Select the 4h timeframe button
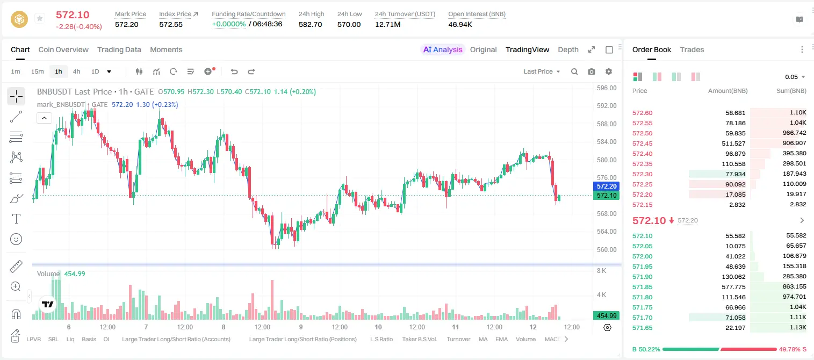[76, 71]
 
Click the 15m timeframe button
[38, 71]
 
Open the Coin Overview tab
[63, 49]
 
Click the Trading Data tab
[119, 49]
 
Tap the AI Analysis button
[443, 49]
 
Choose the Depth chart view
[568, 49]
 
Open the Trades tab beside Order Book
[692, 49]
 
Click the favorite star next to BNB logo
[40, 18]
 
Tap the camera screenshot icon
[592, 71]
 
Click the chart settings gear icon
[609, 71]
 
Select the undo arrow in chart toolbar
[234, 71]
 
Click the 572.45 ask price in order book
[642, 143]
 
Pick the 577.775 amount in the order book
[733, 287]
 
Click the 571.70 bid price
[642, 318]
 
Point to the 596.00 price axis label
[607, 88]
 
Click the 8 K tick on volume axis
[601, 271]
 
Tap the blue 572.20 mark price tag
[606, 186]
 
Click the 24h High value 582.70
[311, 24]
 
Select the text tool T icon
[16, 219]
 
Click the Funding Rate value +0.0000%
[228, 24]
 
